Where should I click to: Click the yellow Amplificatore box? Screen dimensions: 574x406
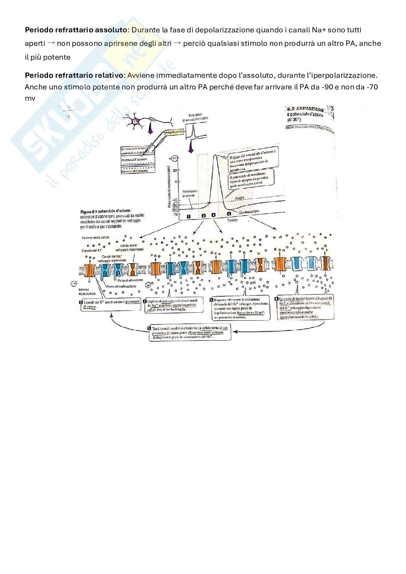pyautogui.click(x=174, y=133)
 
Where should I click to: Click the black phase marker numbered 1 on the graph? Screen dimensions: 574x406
pyautogui.click(x=189, y=216)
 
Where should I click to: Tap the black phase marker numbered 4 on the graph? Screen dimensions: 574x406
pyautogui.click(x=229, y=214)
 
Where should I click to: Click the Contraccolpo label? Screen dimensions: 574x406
pyautogui.click(x=251, y=213)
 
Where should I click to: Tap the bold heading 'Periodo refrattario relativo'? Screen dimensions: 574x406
pyautogui.click(x=74, y=76)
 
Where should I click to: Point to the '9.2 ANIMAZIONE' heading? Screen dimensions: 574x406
pyautogui.click(x=305, y=109)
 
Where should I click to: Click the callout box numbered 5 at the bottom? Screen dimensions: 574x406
pyautogui.click(x=189, y=332)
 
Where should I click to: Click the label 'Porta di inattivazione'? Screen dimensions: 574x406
pyautogui.click(x=122, y=286)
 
